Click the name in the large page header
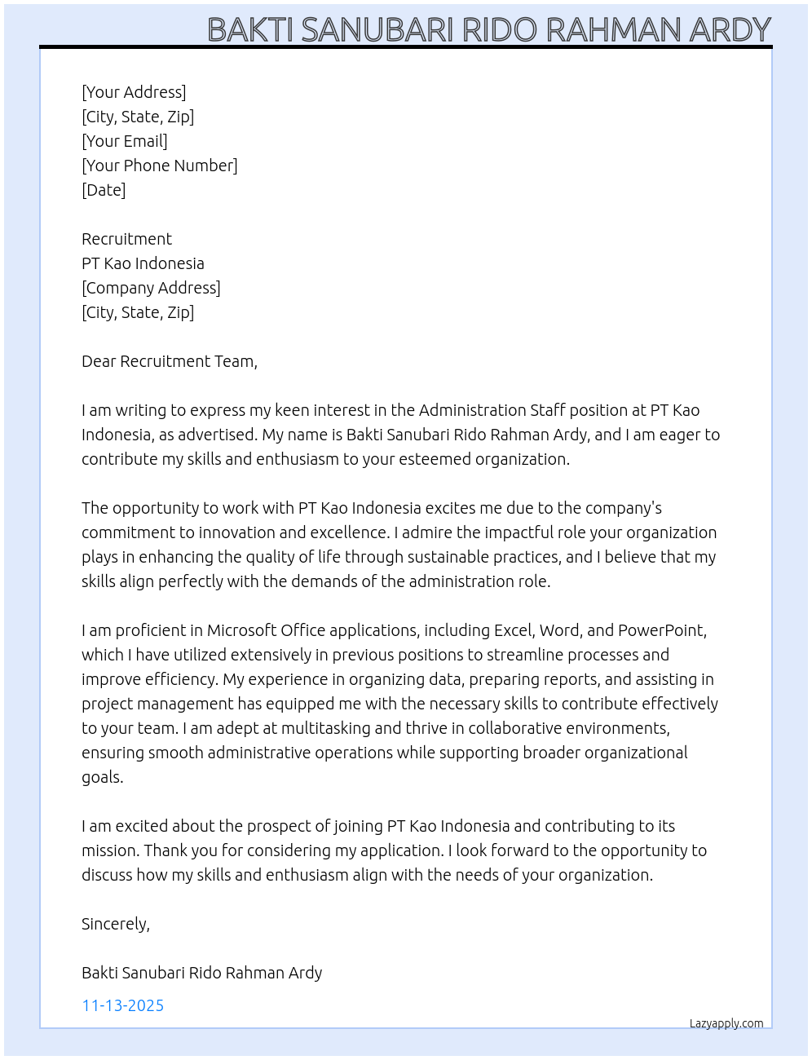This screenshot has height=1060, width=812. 489,29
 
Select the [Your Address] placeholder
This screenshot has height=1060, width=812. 134,92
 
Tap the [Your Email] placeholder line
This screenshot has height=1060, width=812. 125,141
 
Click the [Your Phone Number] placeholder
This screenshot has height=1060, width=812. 160,166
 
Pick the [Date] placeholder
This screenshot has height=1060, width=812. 104,190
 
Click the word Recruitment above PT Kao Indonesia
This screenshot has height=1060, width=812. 126,239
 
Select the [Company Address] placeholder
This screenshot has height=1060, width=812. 151,288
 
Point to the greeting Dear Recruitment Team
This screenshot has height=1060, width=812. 169,361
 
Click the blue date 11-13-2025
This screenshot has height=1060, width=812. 123,1005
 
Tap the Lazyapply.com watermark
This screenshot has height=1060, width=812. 726,1023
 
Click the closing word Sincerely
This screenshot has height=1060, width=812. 115,924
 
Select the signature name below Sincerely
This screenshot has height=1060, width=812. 201,973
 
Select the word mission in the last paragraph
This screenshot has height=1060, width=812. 110,850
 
